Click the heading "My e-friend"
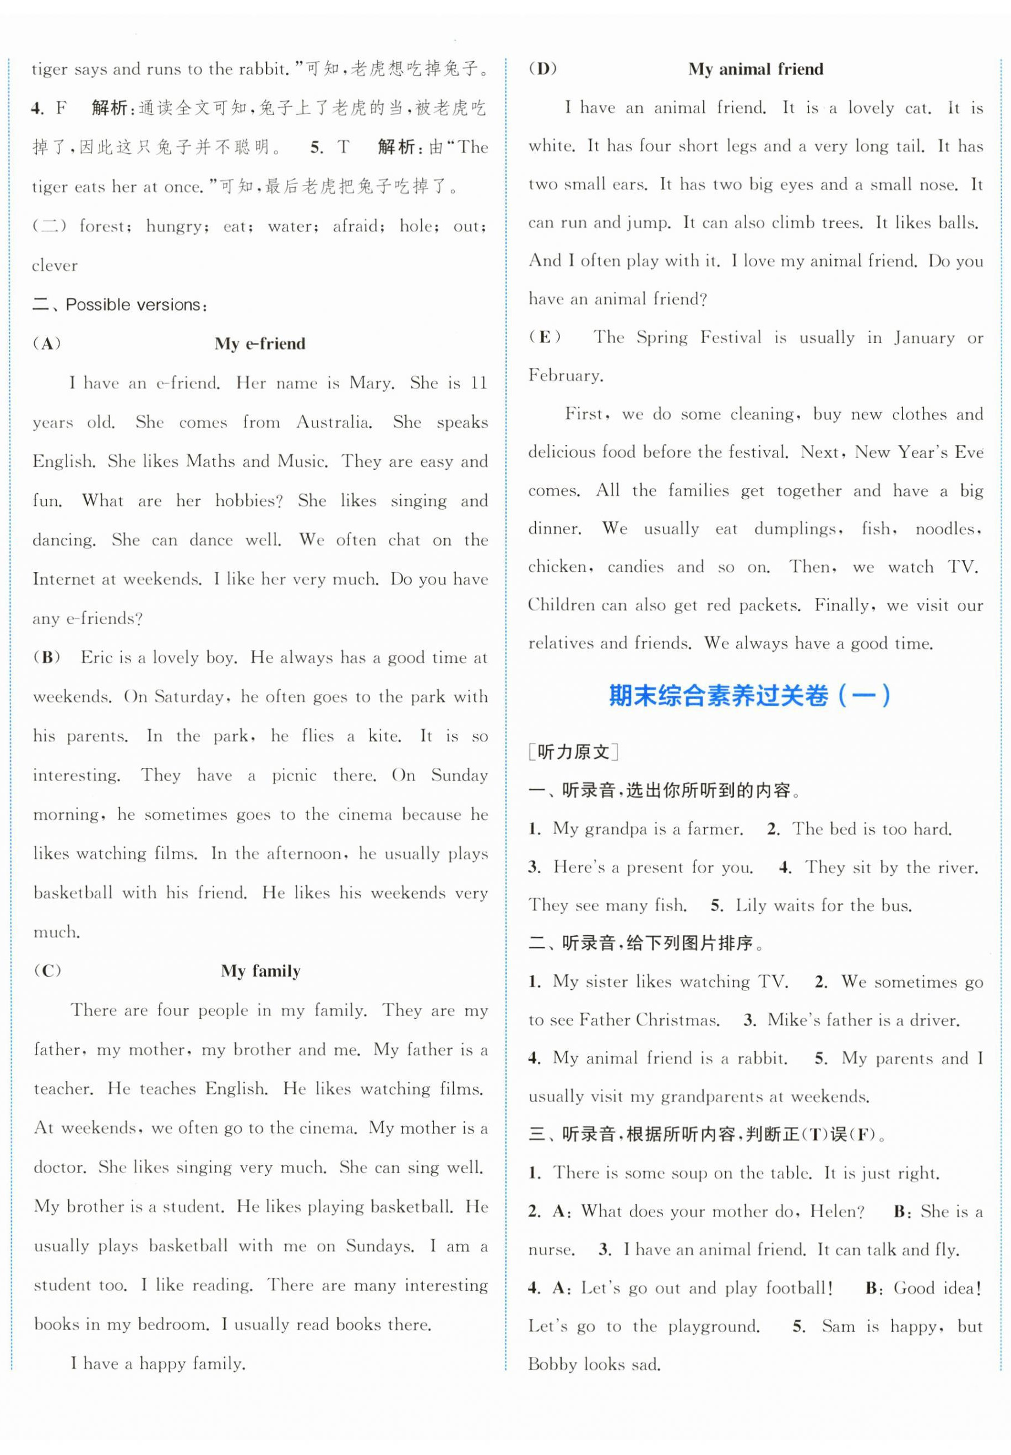pyautogui.click(x=260, y=344)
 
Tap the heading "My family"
pyautogui.click(x=260, y=971)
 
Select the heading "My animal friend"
pyautogui.click(x=755, y=69)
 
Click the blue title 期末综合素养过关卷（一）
pyautogui.click(x=750, y=696)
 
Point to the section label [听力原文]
pyautogui.click(x=573, y=752)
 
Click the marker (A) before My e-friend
pyautogui.click(x=47, y=344)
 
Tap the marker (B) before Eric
pyautogui.click(x=47, y=657)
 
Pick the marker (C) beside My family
pyautogui.click(x=47, y=971)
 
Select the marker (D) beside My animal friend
pyautogui.click(x=543, y=69)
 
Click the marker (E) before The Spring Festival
pyautogui.click(x=545, y=337)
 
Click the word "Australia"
pyautogui.click(x=334, y=422)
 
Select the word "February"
pyautogui.click(x=565, y=375)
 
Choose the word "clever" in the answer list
pyautogui.click(x=55, y=265)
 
